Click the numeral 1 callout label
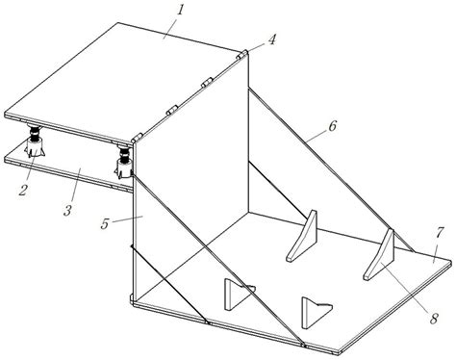[180, 11]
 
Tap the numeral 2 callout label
[23, 190]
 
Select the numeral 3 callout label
[67, 211]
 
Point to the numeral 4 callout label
[271, 39]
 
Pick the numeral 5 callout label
[105, 223]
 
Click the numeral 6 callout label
[333, 126]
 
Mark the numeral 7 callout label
[440, 233]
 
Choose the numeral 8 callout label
[434, 319]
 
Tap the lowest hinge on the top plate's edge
[137, 138]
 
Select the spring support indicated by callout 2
[35, 141]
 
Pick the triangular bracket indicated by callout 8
[379, 255]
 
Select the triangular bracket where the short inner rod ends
[302, 237]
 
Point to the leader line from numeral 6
[317, 135]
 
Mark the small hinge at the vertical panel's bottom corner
[132, 298]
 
